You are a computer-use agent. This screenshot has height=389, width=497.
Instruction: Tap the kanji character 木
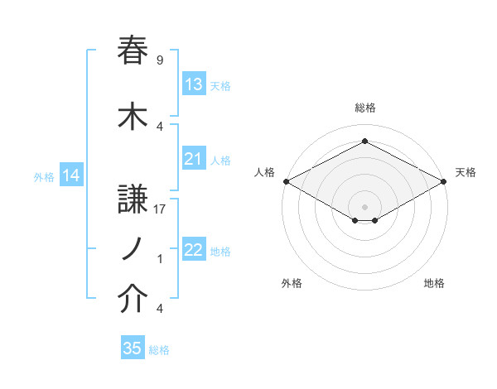(133, 115)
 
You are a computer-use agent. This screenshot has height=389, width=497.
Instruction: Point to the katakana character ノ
(132, 248)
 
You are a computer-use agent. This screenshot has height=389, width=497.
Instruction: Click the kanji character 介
(133, 300)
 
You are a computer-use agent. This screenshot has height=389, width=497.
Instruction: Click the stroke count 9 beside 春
(159, 60)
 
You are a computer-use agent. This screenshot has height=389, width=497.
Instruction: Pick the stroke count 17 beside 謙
(161, 209)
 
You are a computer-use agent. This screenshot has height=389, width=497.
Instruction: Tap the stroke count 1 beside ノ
(160, 259)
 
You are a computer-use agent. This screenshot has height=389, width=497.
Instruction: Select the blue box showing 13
(193, 84)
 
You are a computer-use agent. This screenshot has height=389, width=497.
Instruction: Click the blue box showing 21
(193, 159)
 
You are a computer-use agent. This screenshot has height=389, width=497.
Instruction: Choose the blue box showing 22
(193, 250)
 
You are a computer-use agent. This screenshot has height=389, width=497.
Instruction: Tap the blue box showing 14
(70, 175)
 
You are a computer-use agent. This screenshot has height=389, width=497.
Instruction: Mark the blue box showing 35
(132, 348)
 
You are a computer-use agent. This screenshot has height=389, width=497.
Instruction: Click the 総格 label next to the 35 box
(159, 350)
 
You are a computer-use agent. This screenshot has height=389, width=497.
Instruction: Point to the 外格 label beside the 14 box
(44, 176)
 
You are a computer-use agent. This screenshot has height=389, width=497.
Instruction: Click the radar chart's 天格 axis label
(466, 172)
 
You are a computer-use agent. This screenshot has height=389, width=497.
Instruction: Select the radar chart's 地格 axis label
(434, 283)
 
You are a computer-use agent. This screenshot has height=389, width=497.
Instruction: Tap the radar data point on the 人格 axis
(286, 181)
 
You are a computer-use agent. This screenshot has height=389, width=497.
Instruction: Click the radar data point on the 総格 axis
(364, 142)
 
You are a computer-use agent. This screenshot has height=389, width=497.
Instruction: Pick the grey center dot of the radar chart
(364, 205)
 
